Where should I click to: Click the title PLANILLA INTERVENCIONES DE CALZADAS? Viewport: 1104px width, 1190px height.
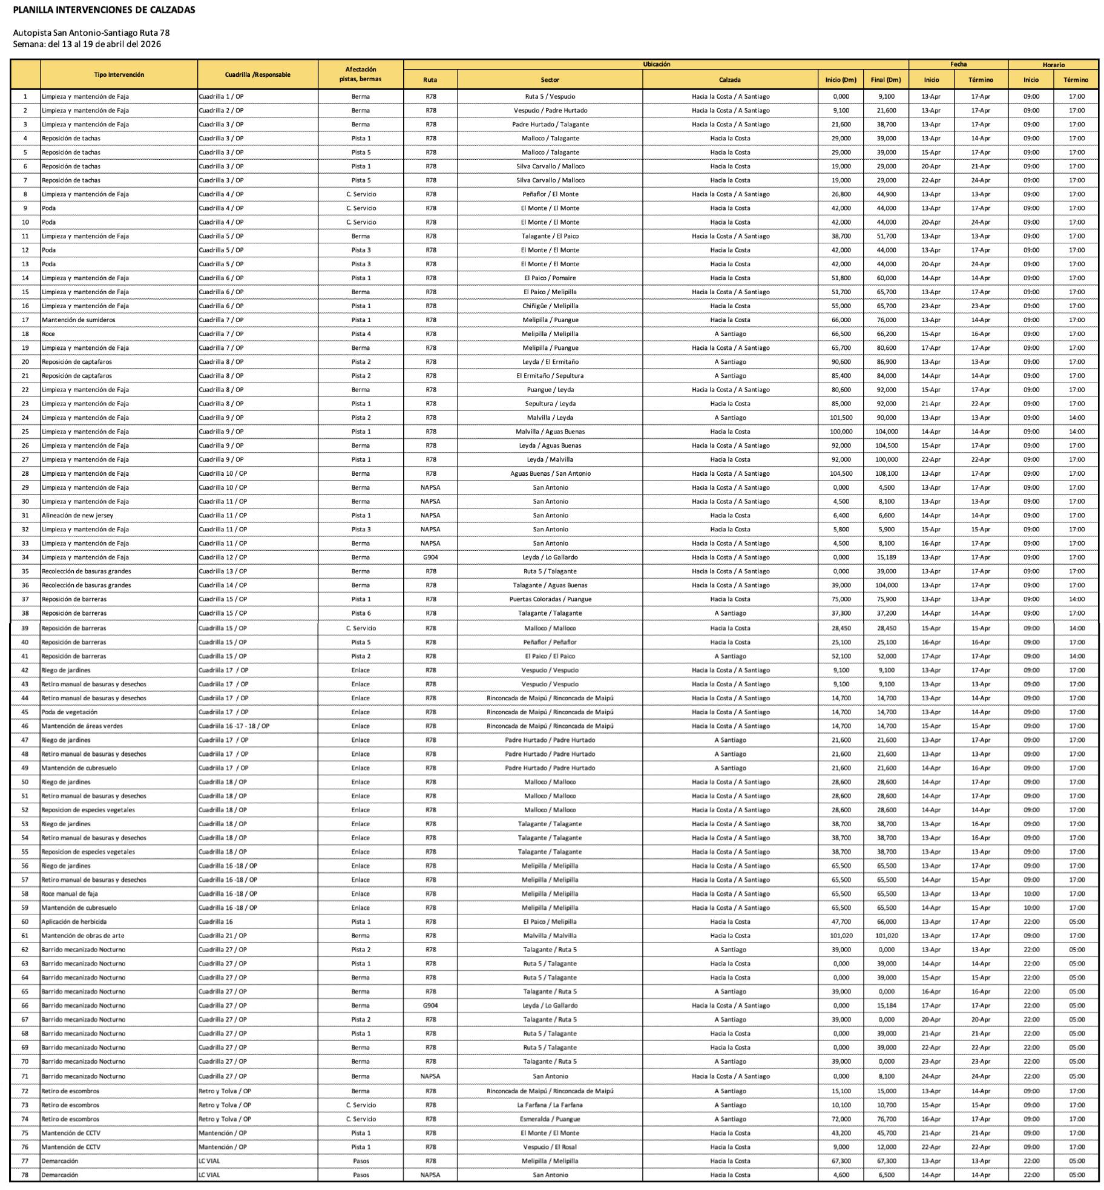point(104,10)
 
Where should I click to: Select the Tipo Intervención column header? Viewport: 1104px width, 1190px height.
point(119,74)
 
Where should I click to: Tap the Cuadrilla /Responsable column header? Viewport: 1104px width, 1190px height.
point(257,74)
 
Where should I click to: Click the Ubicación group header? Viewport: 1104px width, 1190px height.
point(656,64)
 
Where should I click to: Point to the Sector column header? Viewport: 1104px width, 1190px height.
point(550,80)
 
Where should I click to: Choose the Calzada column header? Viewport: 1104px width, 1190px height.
point(730,80)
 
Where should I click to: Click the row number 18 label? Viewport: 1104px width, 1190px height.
point(25,334)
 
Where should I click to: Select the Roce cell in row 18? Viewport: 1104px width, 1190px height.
point(48,334)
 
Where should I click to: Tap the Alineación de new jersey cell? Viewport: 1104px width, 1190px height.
point(77,515)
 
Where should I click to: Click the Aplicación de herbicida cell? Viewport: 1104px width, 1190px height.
point(74,921)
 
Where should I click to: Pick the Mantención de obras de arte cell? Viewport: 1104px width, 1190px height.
point(83,935)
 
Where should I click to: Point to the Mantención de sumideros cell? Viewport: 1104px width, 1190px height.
point(78,320)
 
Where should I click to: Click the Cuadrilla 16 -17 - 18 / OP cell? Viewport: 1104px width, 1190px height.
point(234,726)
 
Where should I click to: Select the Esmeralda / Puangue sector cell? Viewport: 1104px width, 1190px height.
point(550,1119)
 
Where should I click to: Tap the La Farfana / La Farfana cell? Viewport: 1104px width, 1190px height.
point(550,1105)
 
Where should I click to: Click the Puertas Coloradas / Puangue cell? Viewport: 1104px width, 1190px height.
point(550,599)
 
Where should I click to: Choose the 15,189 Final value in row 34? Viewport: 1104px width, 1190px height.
point(886,557)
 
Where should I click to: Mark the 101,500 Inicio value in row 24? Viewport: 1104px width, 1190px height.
point(841,418)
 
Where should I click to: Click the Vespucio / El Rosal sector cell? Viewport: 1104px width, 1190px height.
point(550,1146)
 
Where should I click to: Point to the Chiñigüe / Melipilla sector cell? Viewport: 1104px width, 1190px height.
point(550,306)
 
